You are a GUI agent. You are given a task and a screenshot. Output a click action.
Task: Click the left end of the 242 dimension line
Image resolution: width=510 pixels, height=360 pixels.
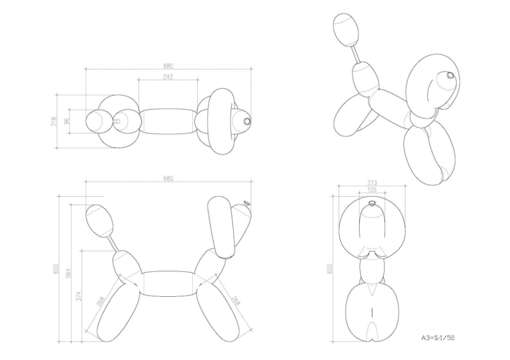(139, 80)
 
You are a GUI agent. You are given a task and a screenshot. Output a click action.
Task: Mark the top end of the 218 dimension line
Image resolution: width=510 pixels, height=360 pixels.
(57, 95)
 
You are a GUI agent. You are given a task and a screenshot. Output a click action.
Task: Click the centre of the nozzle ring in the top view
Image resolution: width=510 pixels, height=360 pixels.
(247, 121)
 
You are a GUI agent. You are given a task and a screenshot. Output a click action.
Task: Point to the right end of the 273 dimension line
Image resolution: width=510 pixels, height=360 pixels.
(405, 186)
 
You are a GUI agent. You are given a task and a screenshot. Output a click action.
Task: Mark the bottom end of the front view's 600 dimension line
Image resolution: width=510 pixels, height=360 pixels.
(333, 342)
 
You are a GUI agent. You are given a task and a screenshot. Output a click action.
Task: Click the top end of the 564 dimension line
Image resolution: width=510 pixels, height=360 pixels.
(71, 204)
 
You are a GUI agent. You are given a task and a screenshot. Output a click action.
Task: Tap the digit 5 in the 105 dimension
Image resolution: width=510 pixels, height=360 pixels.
(375, 190)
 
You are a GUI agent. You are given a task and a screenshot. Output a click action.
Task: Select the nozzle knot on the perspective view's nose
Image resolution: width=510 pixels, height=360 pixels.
(450, 75)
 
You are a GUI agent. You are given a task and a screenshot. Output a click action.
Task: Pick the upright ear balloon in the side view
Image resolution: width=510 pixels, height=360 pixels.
(221, 227)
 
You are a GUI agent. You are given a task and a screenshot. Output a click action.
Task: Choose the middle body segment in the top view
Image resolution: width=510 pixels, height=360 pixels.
(168, 121)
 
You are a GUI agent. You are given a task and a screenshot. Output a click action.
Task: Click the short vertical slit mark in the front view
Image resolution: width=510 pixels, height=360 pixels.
(371, 313)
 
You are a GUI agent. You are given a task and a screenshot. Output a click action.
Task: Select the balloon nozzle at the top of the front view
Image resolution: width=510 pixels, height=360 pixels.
(371, 203)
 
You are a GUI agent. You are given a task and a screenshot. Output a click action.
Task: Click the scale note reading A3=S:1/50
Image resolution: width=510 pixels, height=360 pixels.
(438, 338)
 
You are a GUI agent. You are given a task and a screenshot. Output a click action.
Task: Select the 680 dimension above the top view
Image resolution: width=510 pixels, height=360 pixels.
(168, 66)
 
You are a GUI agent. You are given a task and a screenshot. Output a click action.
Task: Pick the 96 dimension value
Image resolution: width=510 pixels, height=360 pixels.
(67, 121)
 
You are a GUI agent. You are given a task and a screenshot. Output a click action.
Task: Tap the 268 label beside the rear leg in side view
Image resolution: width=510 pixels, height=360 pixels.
(101, 301)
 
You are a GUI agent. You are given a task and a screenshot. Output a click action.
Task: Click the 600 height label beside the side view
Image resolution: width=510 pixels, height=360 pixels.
(56, 269)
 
